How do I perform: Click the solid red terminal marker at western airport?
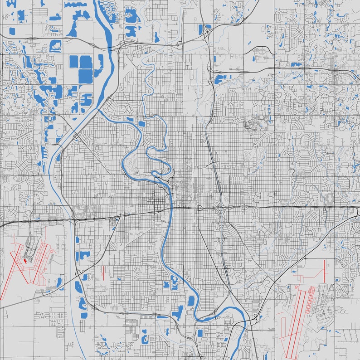coord(26,260)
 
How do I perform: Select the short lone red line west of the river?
coord(104,272)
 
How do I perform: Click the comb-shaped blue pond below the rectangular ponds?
coord(87,98)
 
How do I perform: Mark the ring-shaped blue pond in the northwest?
coord(55,46)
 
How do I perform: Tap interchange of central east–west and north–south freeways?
coord(221,208)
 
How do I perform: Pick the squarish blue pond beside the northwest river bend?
coord(141,123)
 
